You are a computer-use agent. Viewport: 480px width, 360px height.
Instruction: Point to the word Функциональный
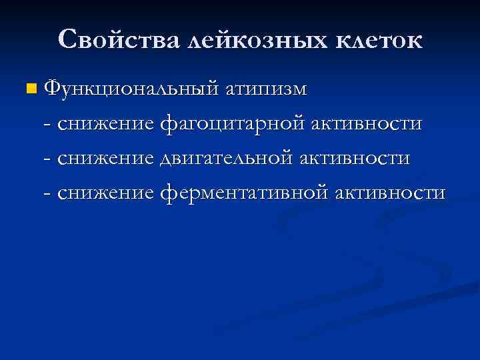tap(128, 89)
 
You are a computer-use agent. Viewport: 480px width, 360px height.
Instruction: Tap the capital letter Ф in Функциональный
tap(53, 89)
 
